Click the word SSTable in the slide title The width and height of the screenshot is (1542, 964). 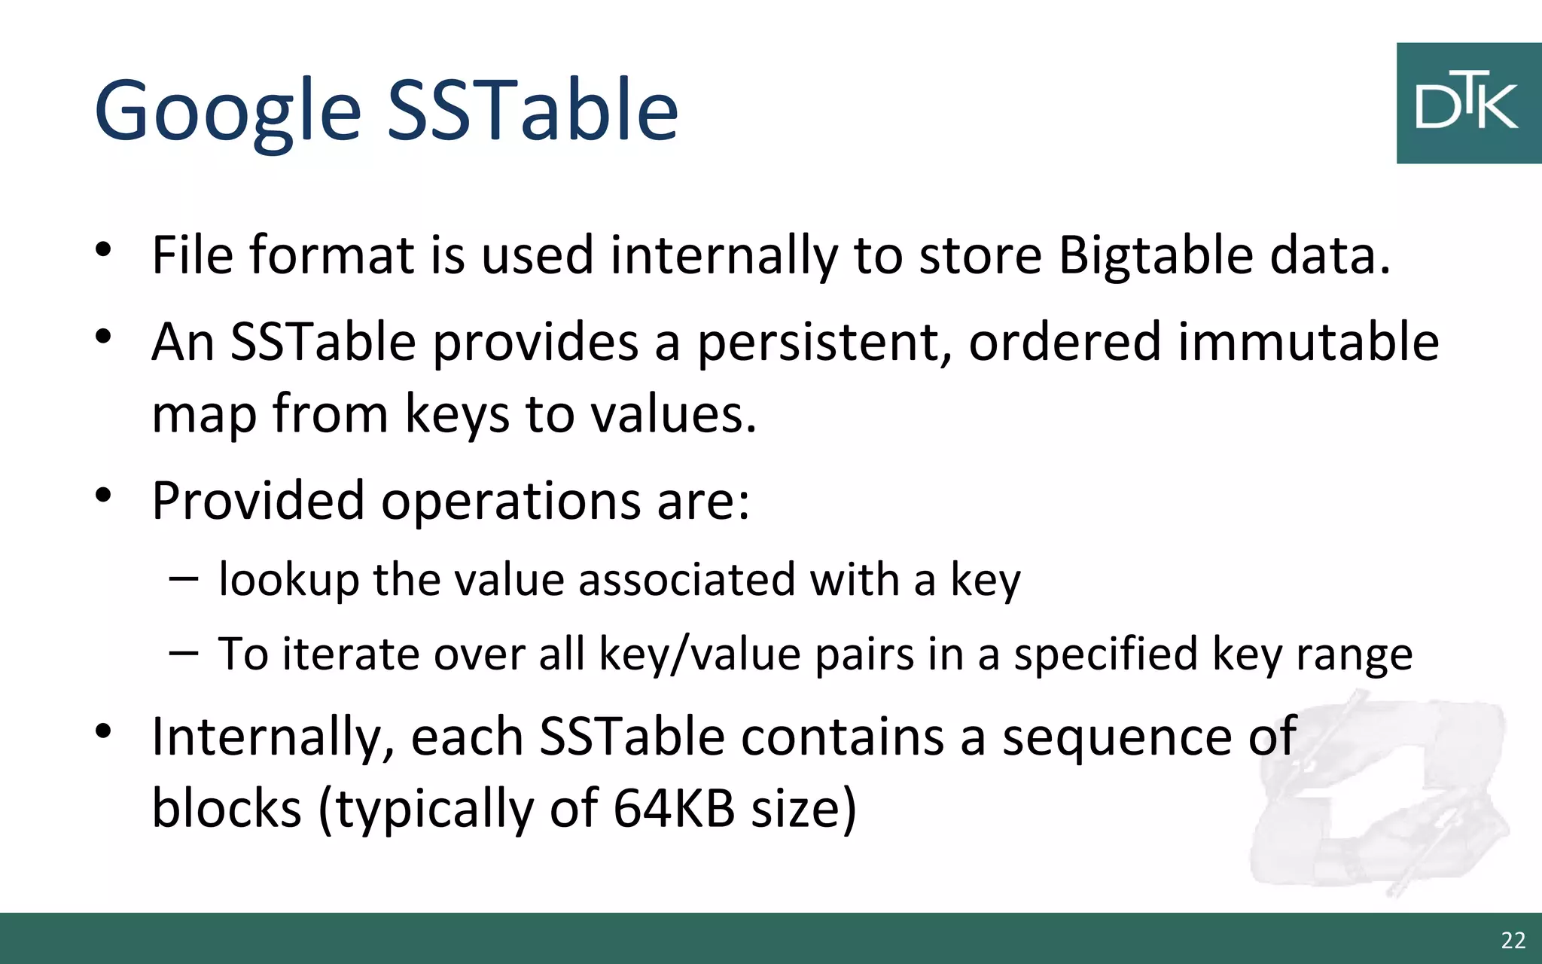(532, 111)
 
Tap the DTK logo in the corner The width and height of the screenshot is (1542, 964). (1467, 103)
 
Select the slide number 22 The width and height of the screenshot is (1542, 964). (1513, 940)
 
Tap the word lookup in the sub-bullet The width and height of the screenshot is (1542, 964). (289, 581)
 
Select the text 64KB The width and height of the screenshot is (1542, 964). (674, 809)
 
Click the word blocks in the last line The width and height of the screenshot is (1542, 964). (227, 809)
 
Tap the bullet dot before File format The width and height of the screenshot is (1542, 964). (103, 249)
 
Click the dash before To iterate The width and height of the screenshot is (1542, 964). (184, 652)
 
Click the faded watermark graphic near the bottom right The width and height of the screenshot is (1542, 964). (1378, 798)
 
